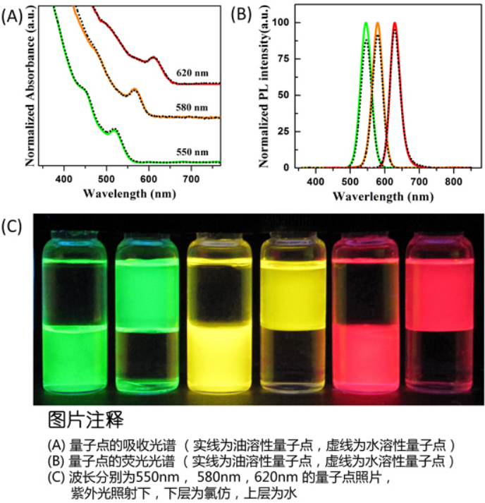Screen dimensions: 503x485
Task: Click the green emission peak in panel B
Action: tap(366, 23)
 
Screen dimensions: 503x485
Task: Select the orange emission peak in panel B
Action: tap(378, 23)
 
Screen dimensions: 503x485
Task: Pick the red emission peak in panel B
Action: tap(395, 23)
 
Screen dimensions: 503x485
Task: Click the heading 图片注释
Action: tap(85, 421)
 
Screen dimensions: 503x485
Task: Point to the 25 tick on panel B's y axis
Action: tap(283, 131)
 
